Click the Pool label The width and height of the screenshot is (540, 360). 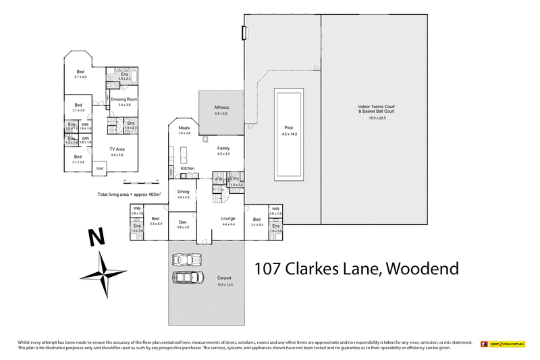click(288, 127)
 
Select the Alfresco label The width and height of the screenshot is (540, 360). click(222, 108)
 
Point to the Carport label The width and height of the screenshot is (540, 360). click(224, 278)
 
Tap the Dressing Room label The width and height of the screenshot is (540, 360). click(124, 99)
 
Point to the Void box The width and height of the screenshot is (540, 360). click(100, 168)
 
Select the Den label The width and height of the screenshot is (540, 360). click(182, 222)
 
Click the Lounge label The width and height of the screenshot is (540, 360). click(227, 218)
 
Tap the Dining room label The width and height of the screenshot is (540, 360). click(183, 192)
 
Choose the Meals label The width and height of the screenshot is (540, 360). click(184, 128)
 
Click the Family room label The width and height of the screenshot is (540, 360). click(223, 148)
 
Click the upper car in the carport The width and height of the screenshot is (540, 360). click(186, 259)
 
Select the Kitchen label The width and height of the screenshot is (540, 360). click(188, 168)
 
